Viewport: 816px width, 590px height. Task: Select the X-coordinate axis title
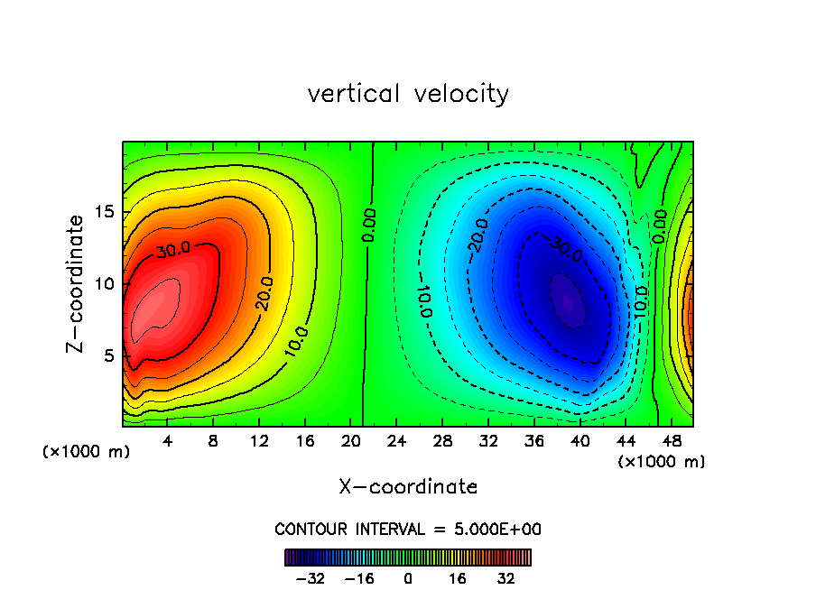408,487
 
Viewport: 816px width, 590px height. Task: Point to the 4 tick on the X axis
168,441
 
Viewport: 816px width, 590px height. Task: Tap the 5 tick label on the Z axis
106,355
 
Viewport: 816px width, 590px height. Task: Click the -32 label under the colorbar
310,578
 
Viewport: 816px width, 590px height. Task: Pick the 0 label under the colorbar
408,578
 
